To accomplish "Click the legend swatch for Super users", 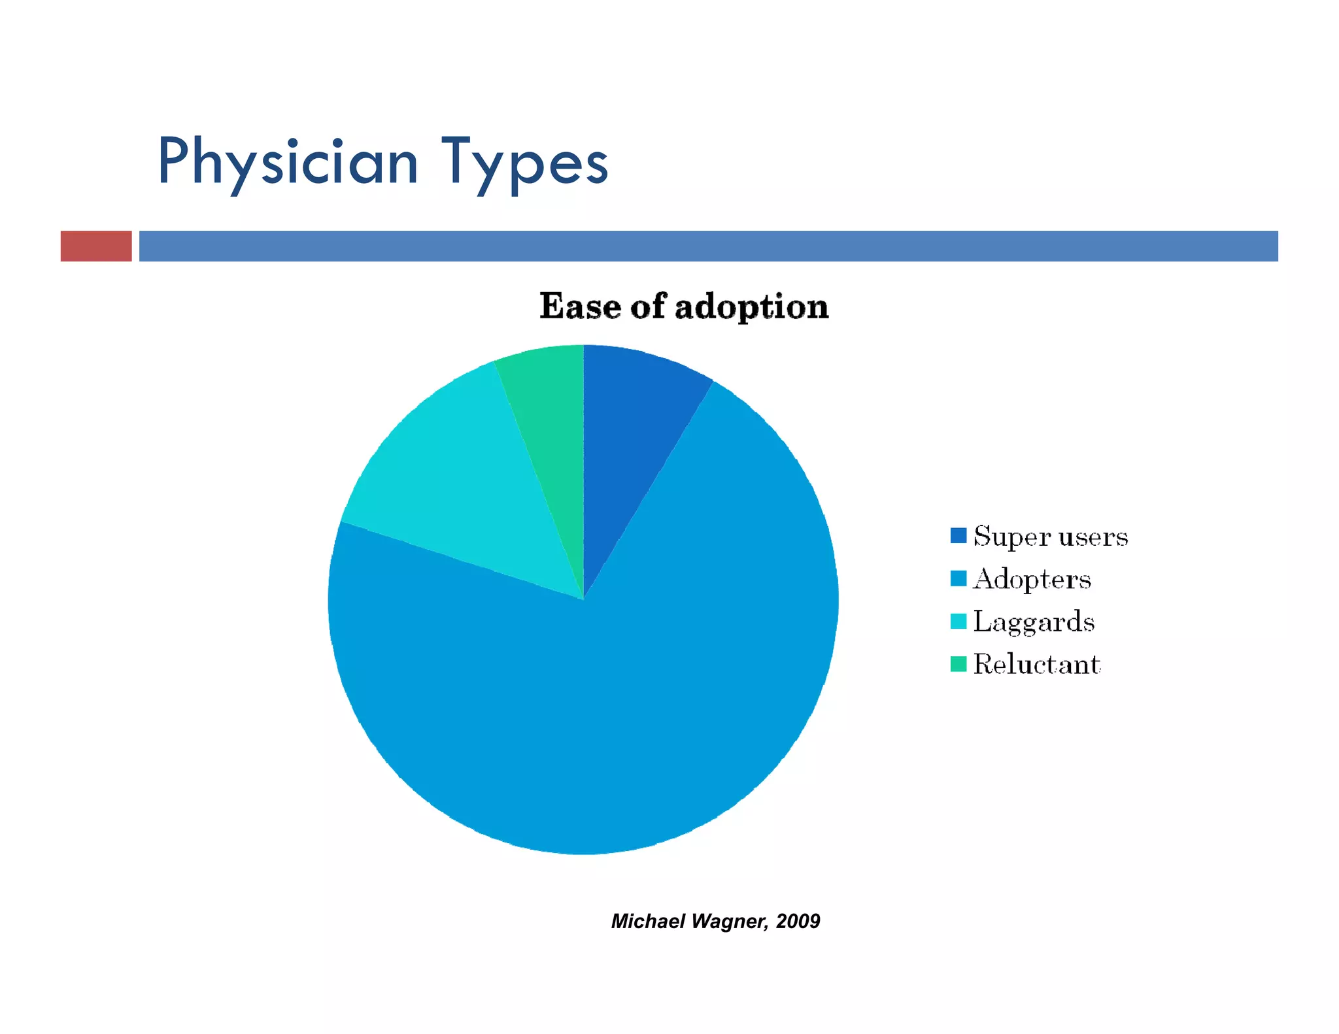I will pos(958,536).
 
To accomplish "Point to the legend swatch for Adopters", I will pos(958,578).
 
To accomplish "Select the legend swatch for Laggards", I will pos(958,621).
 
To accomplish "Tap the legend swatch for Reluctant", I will pos(958,664).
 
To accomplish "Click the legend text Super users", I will pos(1050,537).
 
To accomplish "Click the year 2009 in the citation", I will pos(798,921).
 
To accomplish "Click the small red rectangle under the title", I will pos(96,246).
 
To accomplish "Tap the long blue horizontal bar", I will pos(708,246).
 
